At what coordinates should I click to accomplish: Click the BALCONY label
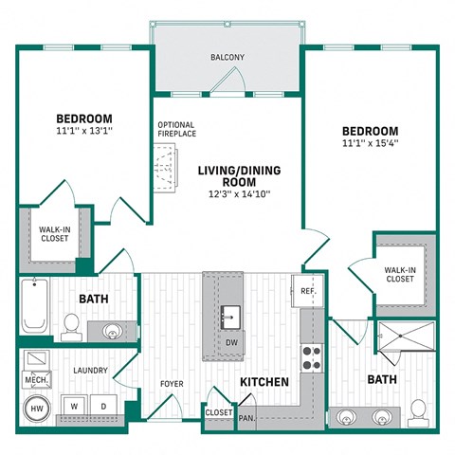pos(227,58)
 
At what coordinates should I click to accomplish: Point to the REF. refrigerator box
pos(308,292)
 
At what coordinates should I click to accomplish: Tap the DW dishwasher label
pos(230,341)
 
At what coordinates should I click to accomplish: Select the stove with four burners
pos(311,356)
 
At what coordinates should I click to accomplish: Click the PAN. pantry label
pos(247,417)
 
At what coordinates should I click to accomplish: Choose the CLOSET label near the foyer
pos(219,413)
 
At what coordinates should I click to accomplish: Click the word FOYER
pos(172,384)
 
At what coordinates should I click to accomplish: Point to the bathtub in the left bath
pos(35,307)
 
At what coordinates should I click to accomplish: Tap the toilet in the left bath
pos(71,326)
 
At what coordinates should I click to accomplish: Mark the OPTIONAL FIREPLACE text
pos(177,129)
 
